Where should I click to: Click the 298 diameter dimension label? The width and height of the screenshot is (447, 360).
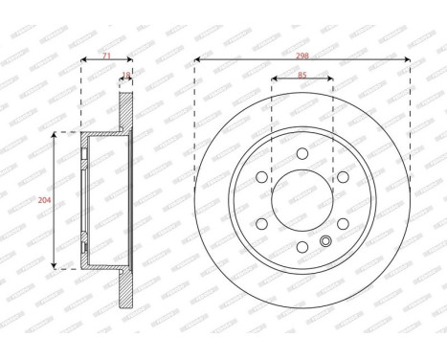pos(302,56)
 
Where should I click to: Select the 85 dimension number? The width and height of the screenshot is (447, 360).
pos(302,77)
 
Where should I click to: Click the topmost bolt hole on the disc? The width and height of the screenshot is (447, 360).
pos(302,153)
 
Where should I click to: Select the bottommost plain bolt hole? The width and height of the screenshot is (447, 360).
pos(302,247)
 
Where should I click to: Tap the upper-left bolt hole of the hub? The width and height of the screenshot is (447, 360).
pos(260,176)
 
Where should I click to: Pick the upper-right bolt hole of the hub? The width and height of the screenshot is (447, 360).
pos(342,176)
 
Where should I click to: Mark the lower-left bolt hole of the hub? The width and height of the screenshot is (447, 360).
pos(260,223)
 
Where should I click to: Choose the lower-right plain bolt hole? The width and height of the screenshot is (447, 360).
pos(342,223)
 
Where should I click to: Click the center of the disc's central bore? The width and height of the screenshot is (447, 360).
pos(302,200)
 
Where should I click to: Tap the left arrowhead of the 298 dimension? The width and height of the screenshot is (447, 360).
pos(196,59)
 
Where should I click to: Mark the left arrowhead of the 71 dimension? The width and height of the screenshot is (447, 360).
pos(83,59)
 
